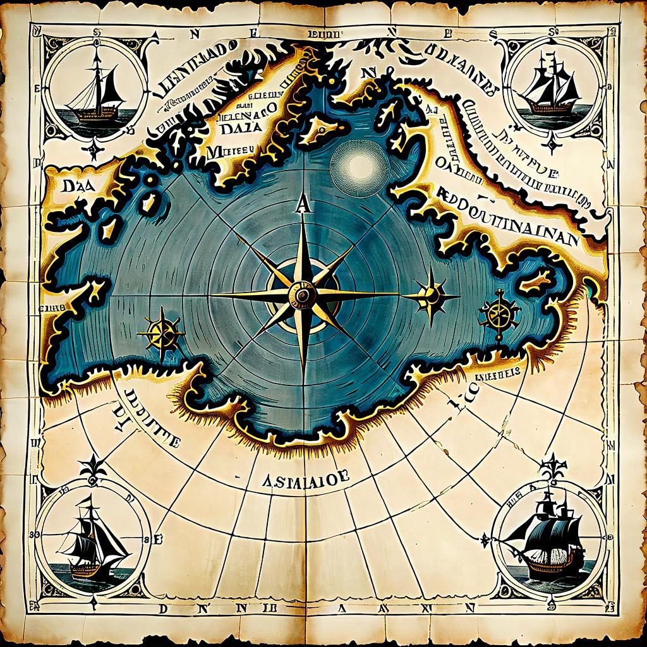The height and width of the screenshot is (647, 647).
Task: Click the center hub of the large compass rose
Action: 302,294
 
